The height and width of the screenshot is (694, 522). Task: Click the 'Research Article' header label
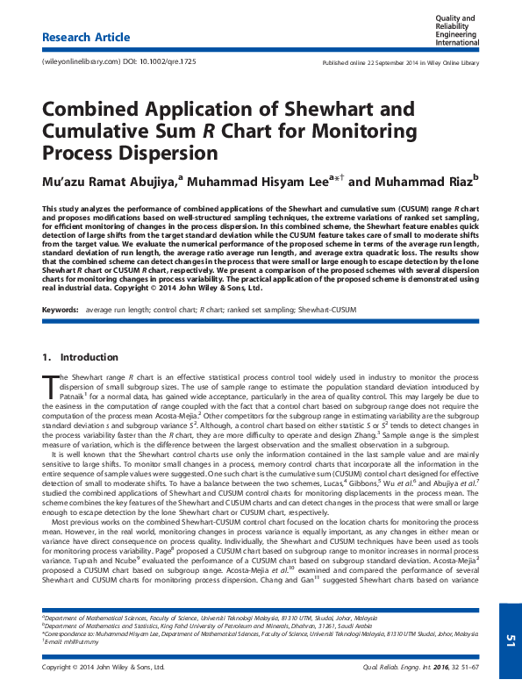point(86,38)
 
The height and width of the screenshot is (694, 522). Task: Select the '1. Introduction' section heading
point(80,357)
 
